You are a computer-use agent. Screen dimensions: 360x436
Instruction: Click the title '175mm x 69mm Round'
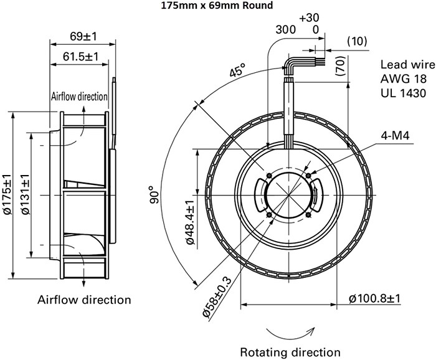pyautogui.click(x=207, y=7)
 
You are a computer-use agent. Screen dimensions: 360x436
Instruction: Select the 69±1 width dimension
pyautogui.click(x=82, y=37)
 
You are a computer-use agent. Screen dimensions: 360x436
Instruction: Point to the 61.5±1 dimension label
pyautogui.click(x=82, y=57)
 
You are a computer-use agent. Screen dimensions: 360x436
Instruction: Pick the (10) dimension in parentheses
pyautogui.click(x=356, y=41)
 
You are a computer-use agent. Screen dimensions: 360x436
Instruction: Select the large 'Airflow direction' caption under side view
pyautogui.click(x=85, y=300)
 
